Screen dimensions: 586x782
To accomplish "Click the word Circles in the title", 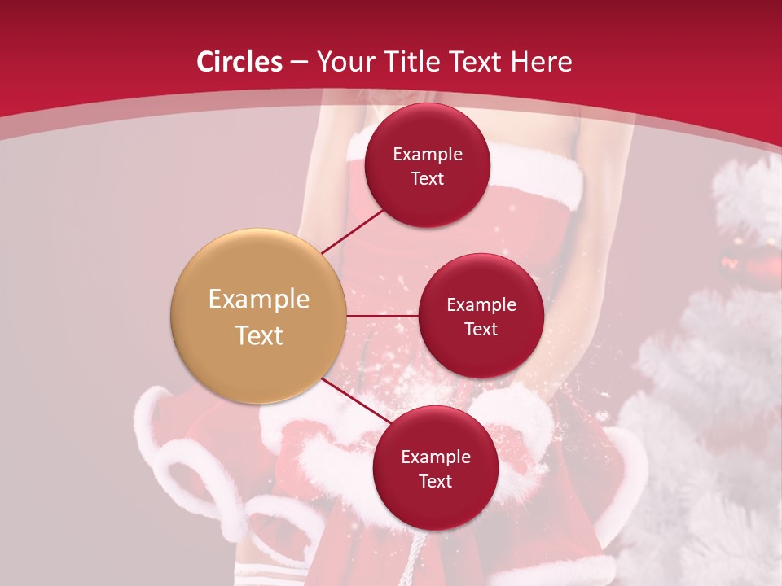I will (239, 62).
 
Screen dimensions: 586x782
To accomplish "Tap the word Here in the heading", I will (543, 62).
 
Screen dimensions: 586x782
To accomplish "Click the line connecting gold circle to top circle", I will (354, 230).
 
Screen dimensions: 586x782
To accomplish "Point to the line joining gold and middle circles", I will (383, 316).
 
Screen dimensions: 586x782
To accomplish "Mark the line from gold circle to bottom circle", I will (355, 401).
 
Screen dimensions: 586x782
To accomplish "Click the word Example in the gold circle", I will (259, 300).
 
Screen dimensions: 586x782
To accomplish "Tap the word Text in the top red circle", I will (428, 179).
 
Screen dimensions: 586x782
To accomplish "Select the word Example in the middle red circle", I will (481, 305).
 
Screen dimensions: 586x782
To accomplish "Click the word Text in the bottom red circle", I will (435, 481).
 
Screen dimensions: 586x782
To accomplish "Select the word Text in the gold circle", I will (259, 335).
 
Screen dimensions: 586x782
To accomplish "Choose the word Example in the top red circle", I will (428, 155).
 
